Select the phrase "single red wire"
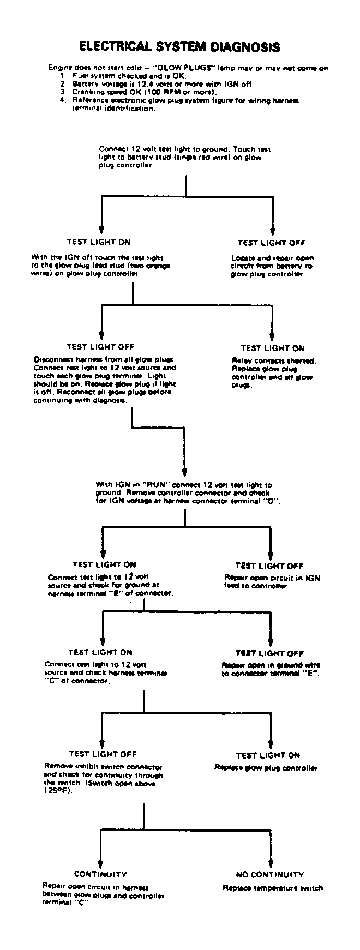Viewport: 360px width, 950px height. click(x=205, y=157)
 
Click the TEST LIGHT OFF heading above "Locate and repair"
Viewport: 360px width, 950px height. click(x=271, y=243)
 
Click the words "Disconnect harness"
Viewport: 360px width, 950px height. click(x=59, y=359)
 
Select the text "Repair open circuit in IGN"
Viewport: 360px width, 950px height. click(x=272, y=578)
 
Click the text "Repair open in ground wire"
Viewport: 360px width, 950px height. click(x=271, y=665)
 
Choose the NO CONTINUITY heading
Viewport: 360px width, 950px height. click(x=270, y=875)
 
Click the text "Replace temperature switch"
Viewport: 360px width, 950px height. click(x=274, y=888)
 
